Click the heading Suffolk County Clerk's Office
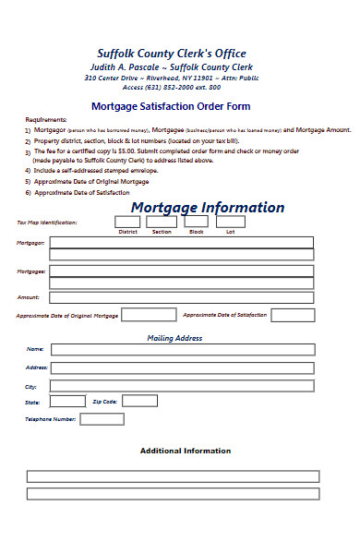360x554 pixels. point(172,54)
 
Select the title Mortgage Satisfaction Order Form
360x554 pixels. point(176,106)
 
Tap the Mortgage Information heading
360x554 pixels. point(207,207)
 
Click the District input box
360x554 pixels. point(127,222)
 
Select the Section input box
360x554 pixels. point(162,222)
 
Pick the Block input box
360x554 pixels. point(197,222)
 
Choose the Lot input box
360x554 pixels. point(231,222)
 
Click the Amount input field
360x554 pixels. point(181,297)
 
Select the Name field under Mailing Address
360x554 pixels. point(181,350)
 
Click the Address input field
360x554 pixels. point(181,367)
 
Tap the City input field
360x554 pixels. point(181,386)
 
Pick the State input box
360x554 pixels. point(67,402)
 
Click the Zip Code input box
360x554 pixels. point(139,402)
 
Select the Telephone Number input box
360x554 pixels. point(102,419)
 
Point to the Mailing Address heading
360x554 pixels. point(174,339)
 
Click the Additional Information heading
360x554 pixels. point(185,452)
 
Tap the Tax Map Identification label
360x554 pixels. point(47,223)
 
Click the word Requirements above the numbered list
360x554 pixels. point(46,120)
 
